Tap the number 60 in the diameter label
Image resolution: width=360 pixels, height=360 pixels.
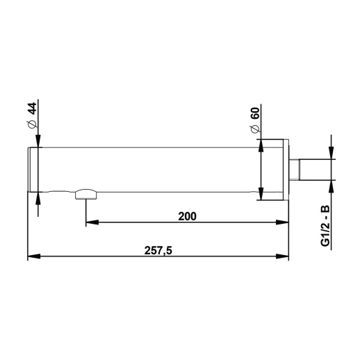click(x=255, y=113)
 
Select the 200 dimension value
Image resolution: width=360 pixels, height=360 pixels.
click(x=187, y=215)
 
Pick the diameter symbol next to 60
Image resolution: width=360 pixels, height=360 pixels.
click(x=255, y=130)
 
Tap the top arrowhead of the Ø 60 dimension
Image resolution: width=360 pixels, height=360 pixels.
click(x=261, y=145)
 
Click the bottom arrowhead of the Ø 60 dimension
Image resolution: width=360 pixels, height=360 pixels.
click(x=261, y=194)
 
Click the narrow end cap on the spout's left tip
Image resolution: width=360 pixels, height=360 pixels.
click(x=33, y=170)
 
